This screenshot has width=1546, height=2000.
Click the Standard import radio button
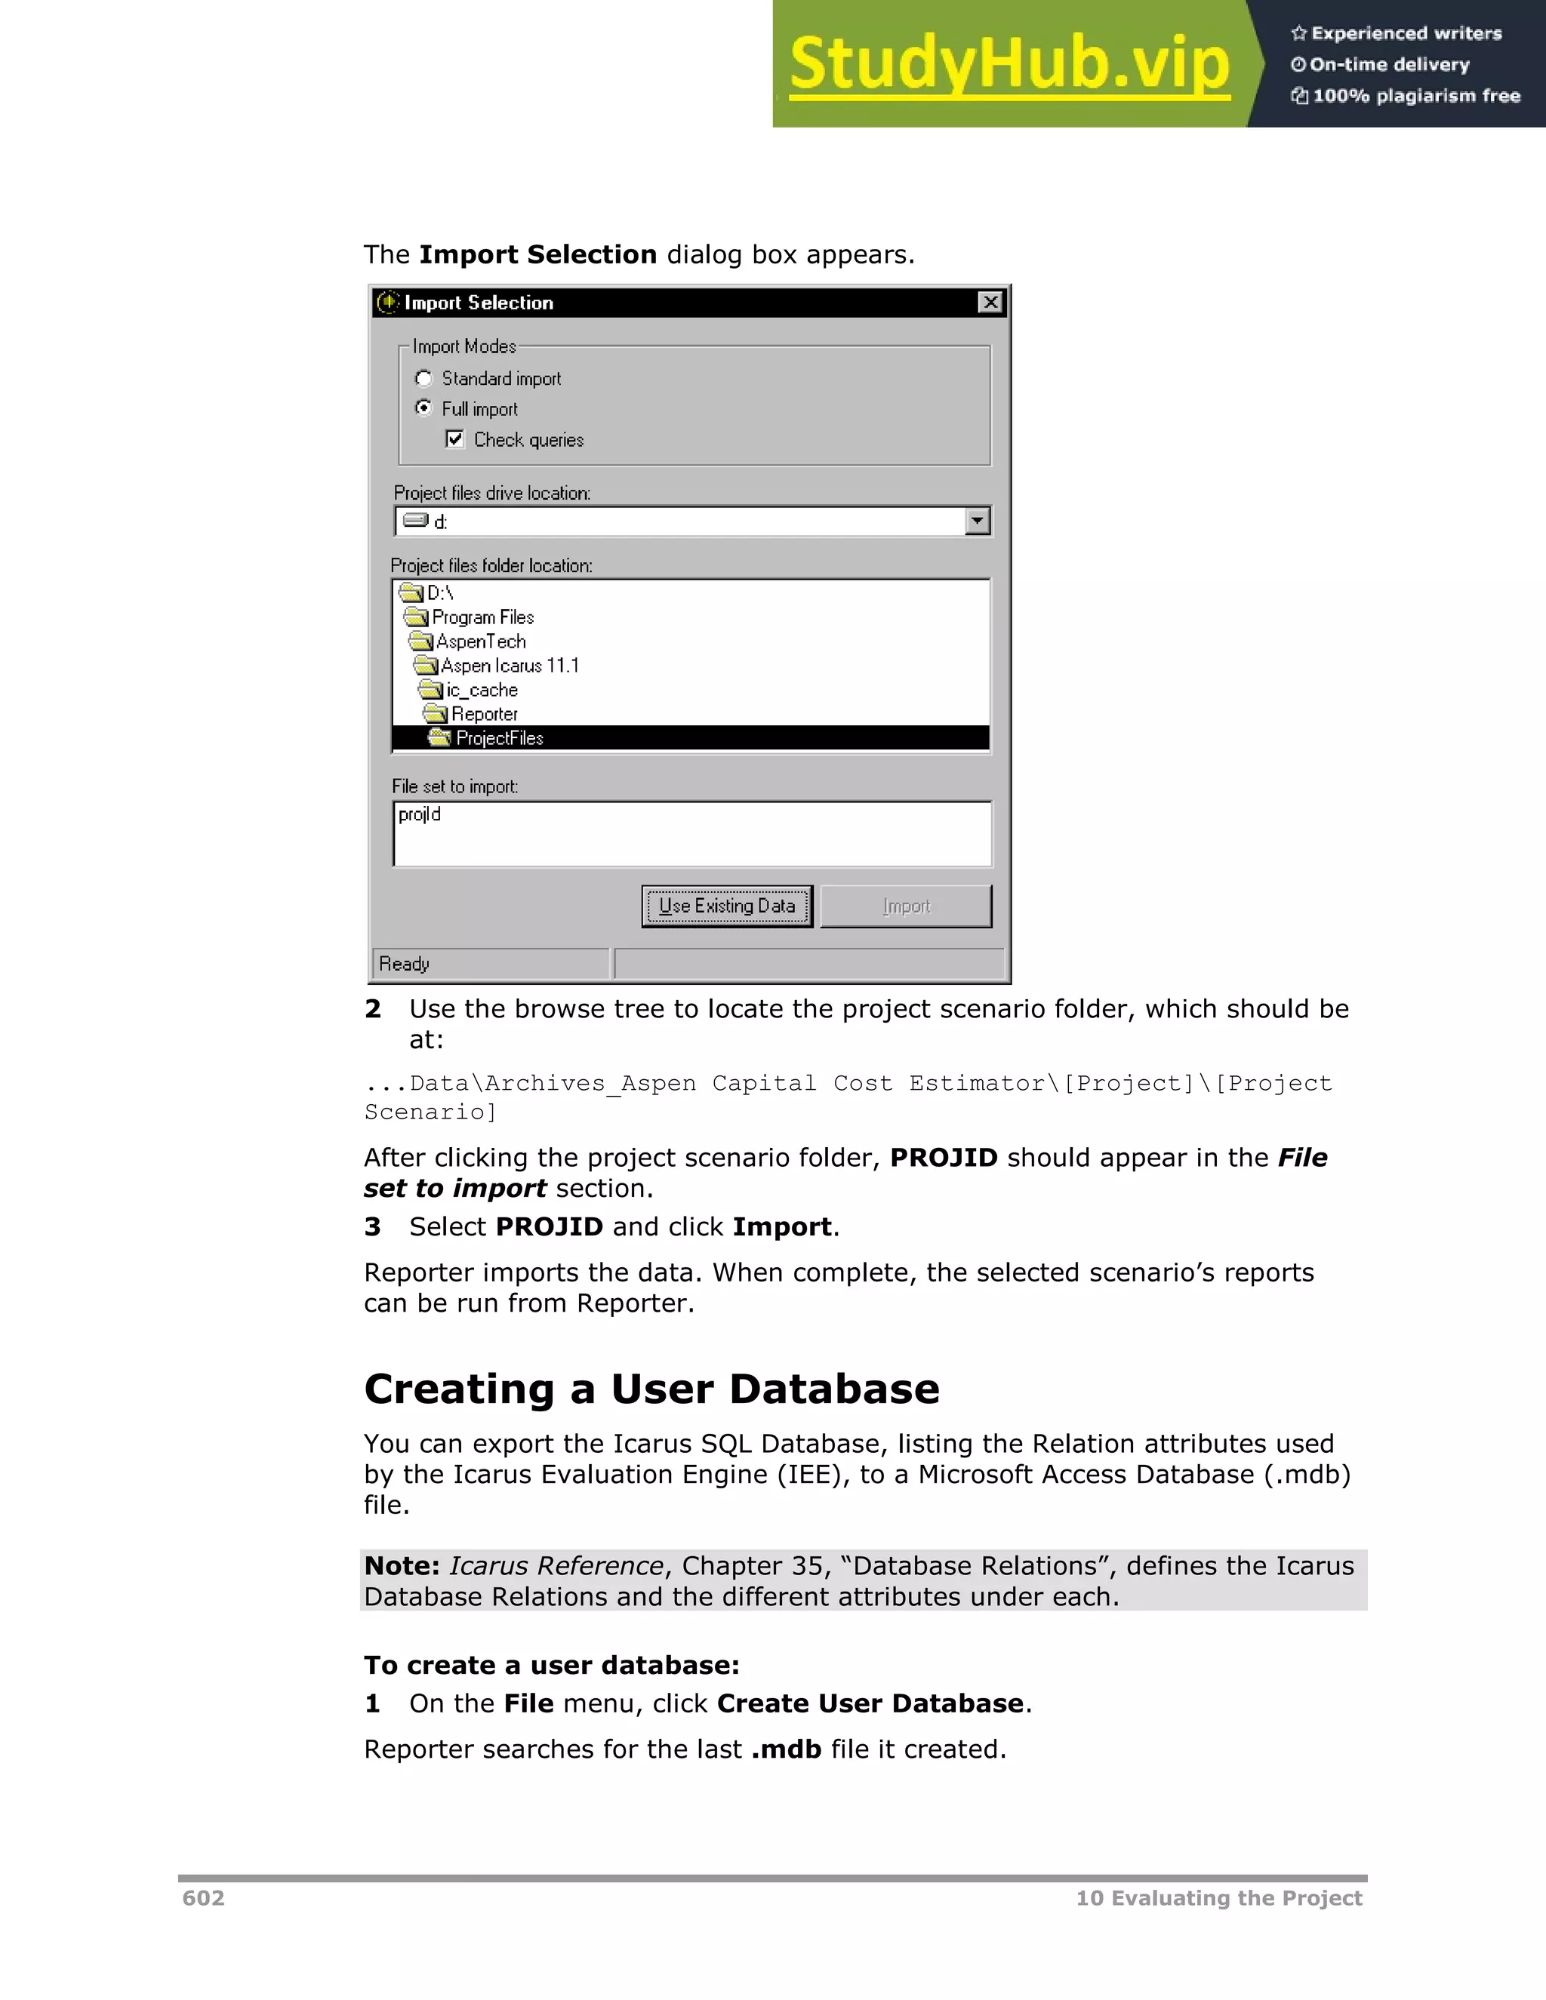pos(424,378)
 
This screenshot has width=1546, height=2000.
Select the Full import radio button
pos(424,408)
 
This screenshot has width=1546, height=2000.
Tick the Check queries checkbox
pos(455,439)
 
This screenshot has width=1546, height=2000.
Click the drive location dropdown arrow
pos(978,521)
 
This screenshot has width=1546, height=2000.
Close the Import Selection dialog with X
pos(990,302)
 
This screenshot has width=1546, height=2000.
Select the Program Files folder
pos(482,617)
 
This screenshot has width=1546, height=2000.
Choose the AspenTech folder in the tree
pos(480,641)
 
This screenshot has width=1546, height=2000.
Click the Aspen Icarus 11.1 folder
pos(510,666)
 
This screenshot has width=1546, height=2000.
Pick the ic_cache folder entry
pos(482,690)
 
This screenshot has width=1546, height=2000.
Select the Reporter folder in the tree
pos(484,713)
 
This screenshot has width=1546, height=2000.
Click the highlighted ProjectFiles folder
pos(499,738)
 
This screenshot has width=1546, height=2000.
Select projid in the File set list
pos(420,814)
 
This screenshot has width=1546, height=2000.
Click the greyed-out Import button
pos(905,906)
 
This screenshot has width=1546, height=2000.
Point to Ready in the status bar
pos(404,963)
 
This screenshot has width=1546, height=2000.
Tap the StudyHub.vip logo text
pos(1009,64)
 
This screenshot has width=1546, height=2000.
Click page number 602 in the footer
pos(203,1897)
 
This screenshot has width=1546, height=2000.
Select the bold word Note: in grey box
pos(402,1565)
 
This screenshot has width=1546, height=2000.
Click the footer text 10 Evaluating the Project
pos(1218,1897)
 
